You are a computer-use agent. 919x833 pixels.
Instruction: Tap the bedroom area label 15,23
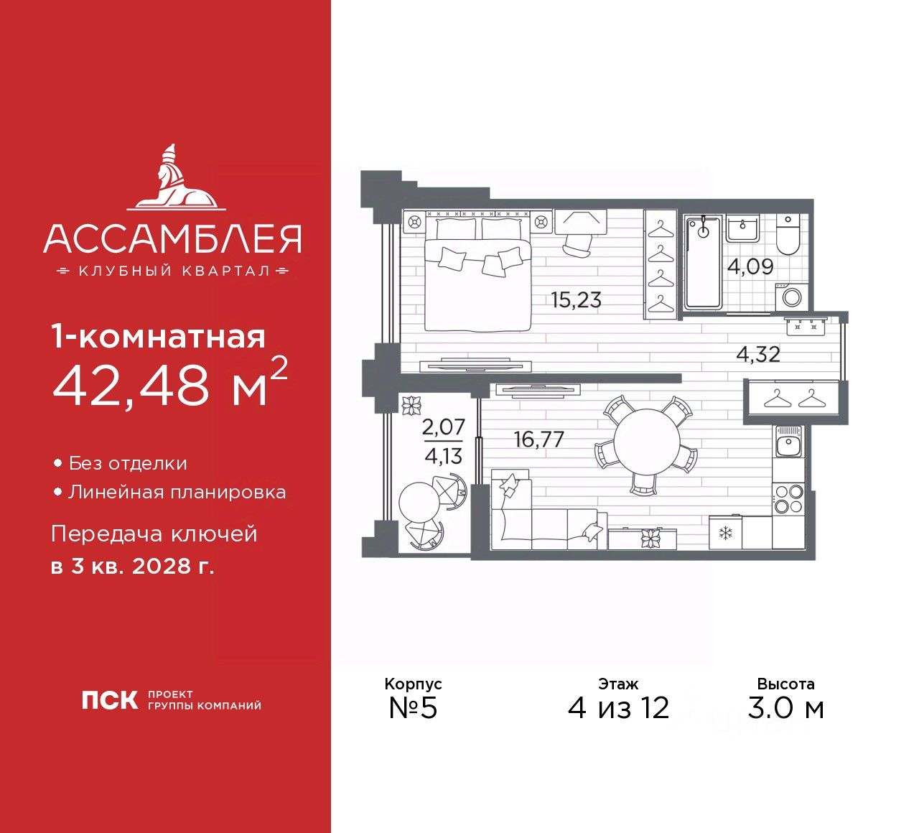[576, 299]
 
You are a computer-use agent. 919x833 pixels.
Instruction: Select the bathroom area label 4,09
[750, 267]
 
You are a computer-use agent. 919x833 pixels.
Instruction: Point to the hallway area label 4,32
[758, 354]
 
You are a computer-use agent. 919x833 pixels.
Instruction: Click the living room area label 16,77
[538, 439]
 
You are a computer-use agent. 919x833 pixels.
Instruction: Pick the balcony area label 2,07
[443, 427]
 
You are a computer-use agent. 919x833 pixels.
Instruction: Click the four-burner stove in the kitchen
[789, 498]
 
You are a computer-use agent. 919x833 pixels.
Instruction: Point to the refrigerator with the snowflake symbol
[724, 533]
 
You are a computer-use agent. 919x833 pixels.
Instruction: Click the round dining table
[646, 441]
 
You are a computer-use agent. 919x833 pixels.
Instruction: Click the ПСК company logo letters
[108, 700]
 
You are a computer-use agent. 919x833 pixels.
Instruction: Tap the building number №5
[413, 708]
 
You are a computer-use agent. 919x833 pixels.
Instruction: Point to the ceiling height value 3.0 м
[785, 709]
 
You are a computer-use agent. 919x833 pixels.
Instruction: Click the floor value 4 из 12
[618, 709]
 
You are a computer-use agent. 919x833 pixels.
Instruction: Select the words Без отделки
[128, 464]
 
